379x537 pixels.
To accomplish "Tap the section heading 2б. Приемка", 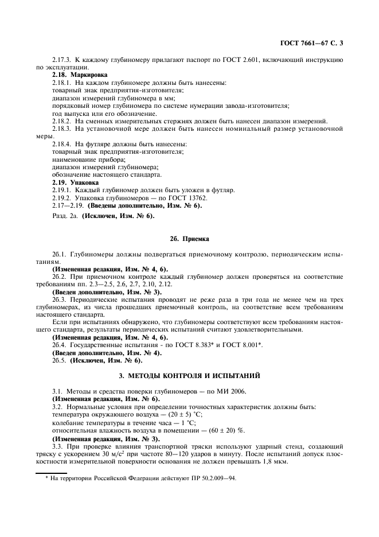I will (189, 238).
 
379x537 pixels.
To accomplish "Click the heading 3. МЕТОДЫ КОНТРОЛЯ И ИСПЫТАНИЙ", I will (189, 376).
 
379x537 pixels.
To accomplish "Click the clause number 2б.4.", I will (60, 345).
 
